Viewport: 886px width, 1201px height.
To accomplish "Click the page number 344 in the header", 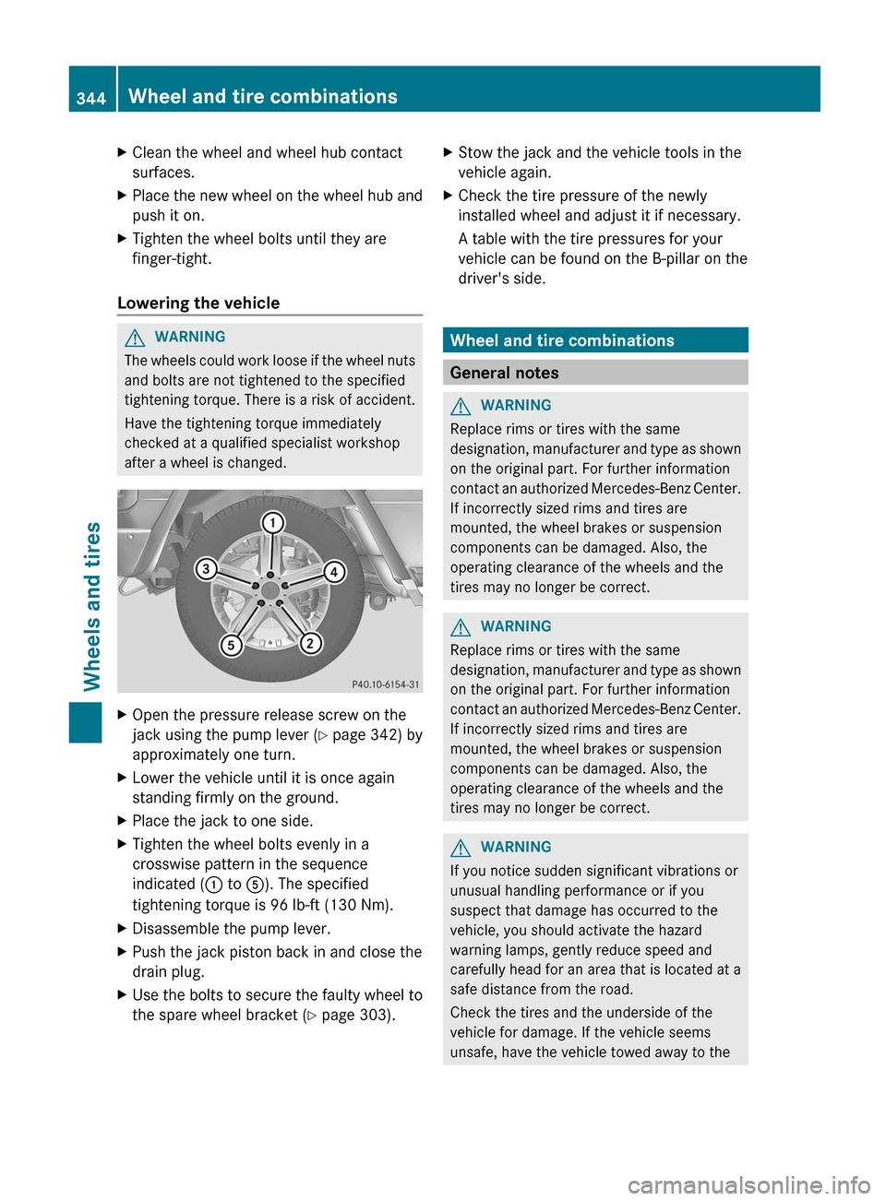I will tap(91, 98).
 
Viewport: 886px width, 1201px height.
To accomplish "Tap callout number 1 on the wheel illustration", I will tap(272, 523).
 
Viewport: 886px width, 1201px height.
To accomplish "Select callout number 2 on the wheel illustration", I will tap(311, 643).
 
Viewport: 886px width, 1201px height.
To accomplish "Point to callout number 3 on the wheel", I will tap(207, 568).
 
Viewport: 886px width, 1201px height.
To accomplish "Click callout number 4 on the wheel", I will tap(334, 572).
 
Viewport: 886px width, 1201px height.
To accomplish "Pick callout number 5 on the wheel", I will tap(231, 645).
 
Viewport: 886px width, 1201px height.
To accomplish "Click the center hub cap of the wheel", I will tap(270, 589).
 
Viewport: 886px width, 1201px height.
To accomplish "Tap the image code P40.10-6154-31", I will tap(385, 684).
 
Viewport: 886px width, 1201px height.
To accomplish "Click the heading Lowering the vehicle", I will tap(198, 303).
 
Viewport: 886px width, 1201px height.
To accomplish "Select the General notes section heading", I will tap(504, 373).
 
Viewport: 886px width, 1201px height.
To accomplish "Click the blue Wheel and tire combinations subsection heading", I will tap(562, 340).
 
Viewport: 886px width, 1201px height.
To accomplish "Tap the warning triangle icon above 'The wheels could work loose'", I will tap(135, 338).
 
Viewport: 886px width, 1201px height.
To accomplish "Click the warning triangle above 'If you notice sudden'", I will tap(461, 848).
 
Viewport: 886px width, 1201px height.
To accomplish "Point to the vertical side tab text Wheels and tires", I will tap(92, 606).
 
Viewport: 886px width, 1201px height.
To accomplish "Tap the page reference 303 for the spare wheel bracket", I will tap(373, 1016).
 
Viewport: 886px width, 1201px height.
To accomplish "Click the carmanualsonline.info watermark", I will tap(748, 1184).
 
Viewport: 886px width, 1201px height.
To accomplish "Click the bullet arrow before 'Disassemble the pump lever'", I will tap(123, 928).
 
